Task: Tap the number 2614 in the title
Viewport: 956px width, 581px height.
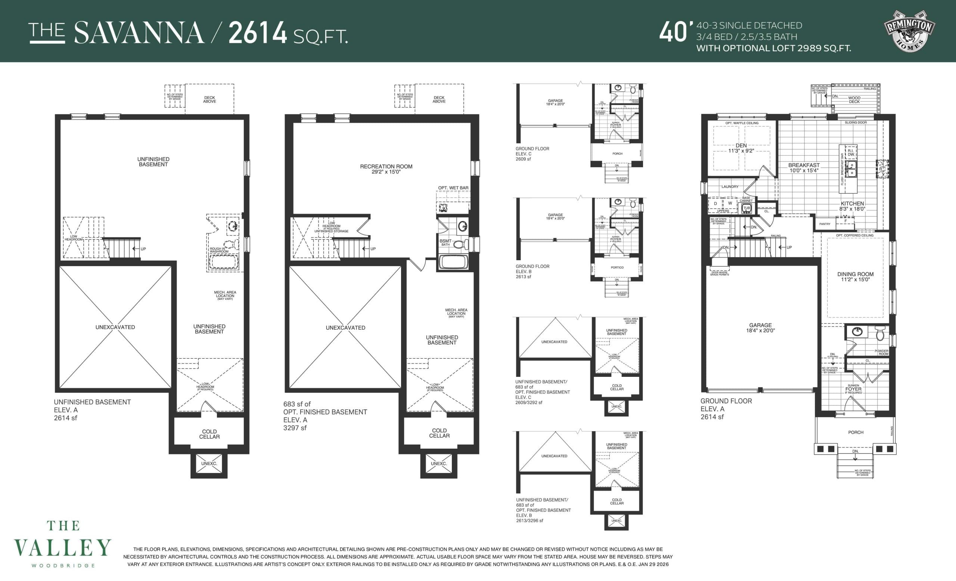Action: tap(258, 33)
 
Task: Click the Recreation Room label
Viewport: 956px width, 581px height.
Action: tap(386, 169)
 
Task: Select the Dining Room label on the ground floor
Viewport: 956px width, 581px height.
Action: tap(855, 277)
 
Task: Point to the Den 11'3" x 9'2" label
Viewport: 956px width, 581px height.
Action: tap(741, 148)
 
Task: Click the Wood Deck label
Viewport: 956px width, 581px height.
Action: tap(854, 100)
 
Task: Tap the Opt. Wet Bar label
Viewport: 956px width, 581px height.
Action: tap(453, 188)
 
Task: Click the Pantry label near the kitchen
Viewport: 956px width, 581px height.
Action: tap(825, 224)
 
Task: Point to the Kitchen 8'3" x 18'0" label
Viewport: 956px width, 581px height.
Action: tap(852, 206)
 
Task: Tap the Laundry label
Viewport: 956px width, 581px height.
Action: tap(730, 187)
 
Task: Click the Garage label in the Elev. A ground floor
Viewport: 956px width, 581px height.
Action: tap(760, 328)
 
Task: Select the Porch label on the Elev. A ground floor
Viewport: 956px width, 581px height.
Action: tap(856, 432)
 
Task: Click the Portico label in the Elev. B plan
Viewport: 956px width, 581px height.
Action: tap(617, 268)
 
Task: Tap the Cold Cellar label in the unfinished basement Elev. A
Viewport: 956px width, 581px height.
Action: tap(209, 434)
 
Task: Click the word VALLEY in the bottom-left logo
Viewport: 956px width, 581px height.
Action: tap(62, 548)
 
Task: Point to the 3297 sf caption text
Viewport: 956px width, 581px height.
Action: tap(295, 428)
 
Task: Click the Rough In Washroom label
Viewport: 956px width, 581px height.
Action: tap(219, 250)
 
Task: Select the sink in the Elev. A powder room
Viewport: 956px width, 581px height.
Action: tap(857, 332)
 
